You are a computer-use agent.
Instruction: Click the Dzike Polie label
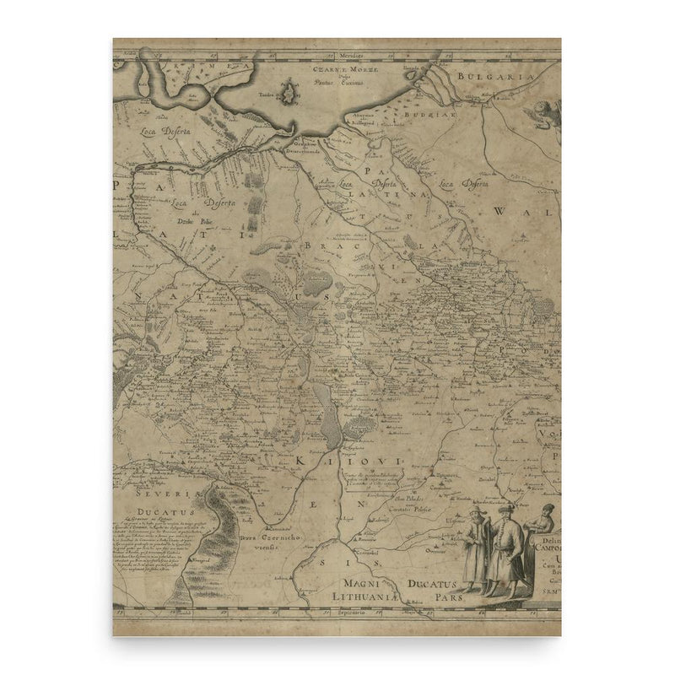point(192,222)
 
